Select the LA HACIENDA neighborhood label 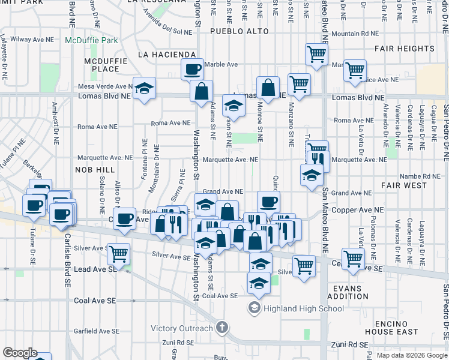click(167, 55)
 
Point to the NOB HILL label click(94, 170)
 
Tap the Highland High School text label click(303, 308)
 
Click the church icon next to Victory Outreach click(221, 328)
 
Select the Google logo click(20, 353)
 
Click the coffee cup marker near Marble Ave click(193, 70)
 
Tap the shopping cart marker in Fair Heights click(355, 71)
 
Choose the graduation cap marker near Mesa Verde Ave click(144, 90)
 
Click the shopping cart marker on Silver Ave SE click(119, 254)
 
